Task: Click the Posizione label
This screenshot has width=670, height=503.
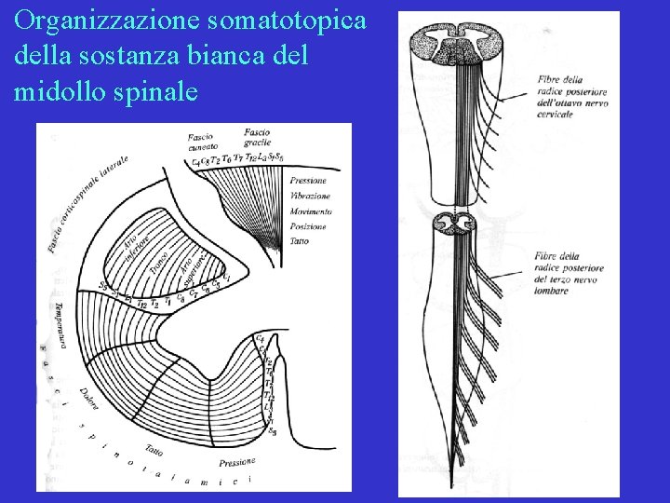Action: (308, 227)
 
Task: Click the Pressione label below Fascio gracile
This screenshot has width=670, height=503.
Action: (308, 181)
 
